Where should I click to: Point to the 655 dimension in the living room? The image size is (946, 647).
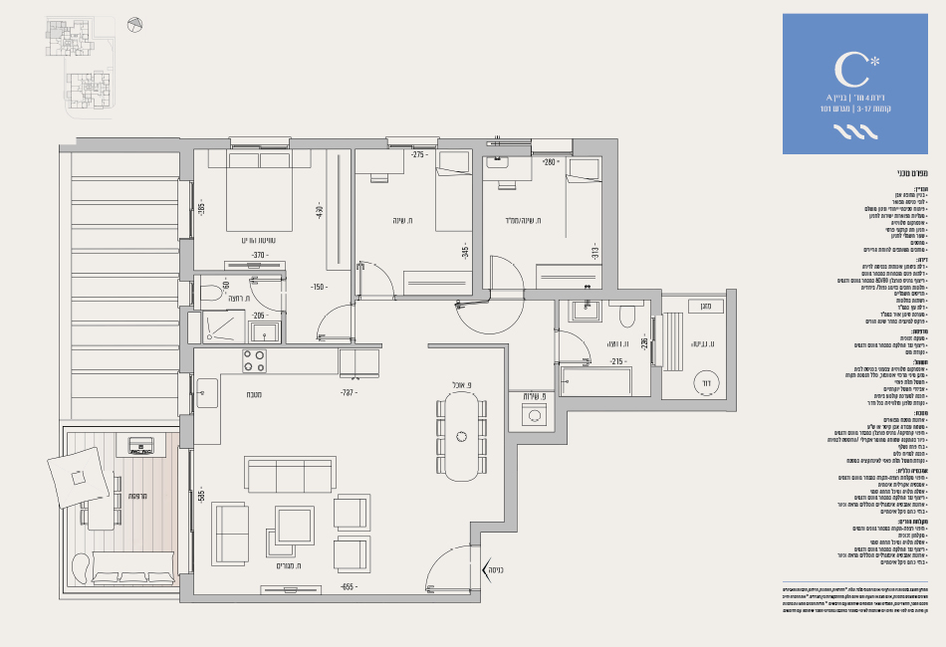(x=348, y=587)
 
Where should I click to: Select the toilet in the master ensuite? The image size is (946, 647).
(x=211, y=294)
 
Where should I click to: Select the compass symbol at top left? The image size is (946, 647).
(x=136, y=24)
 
